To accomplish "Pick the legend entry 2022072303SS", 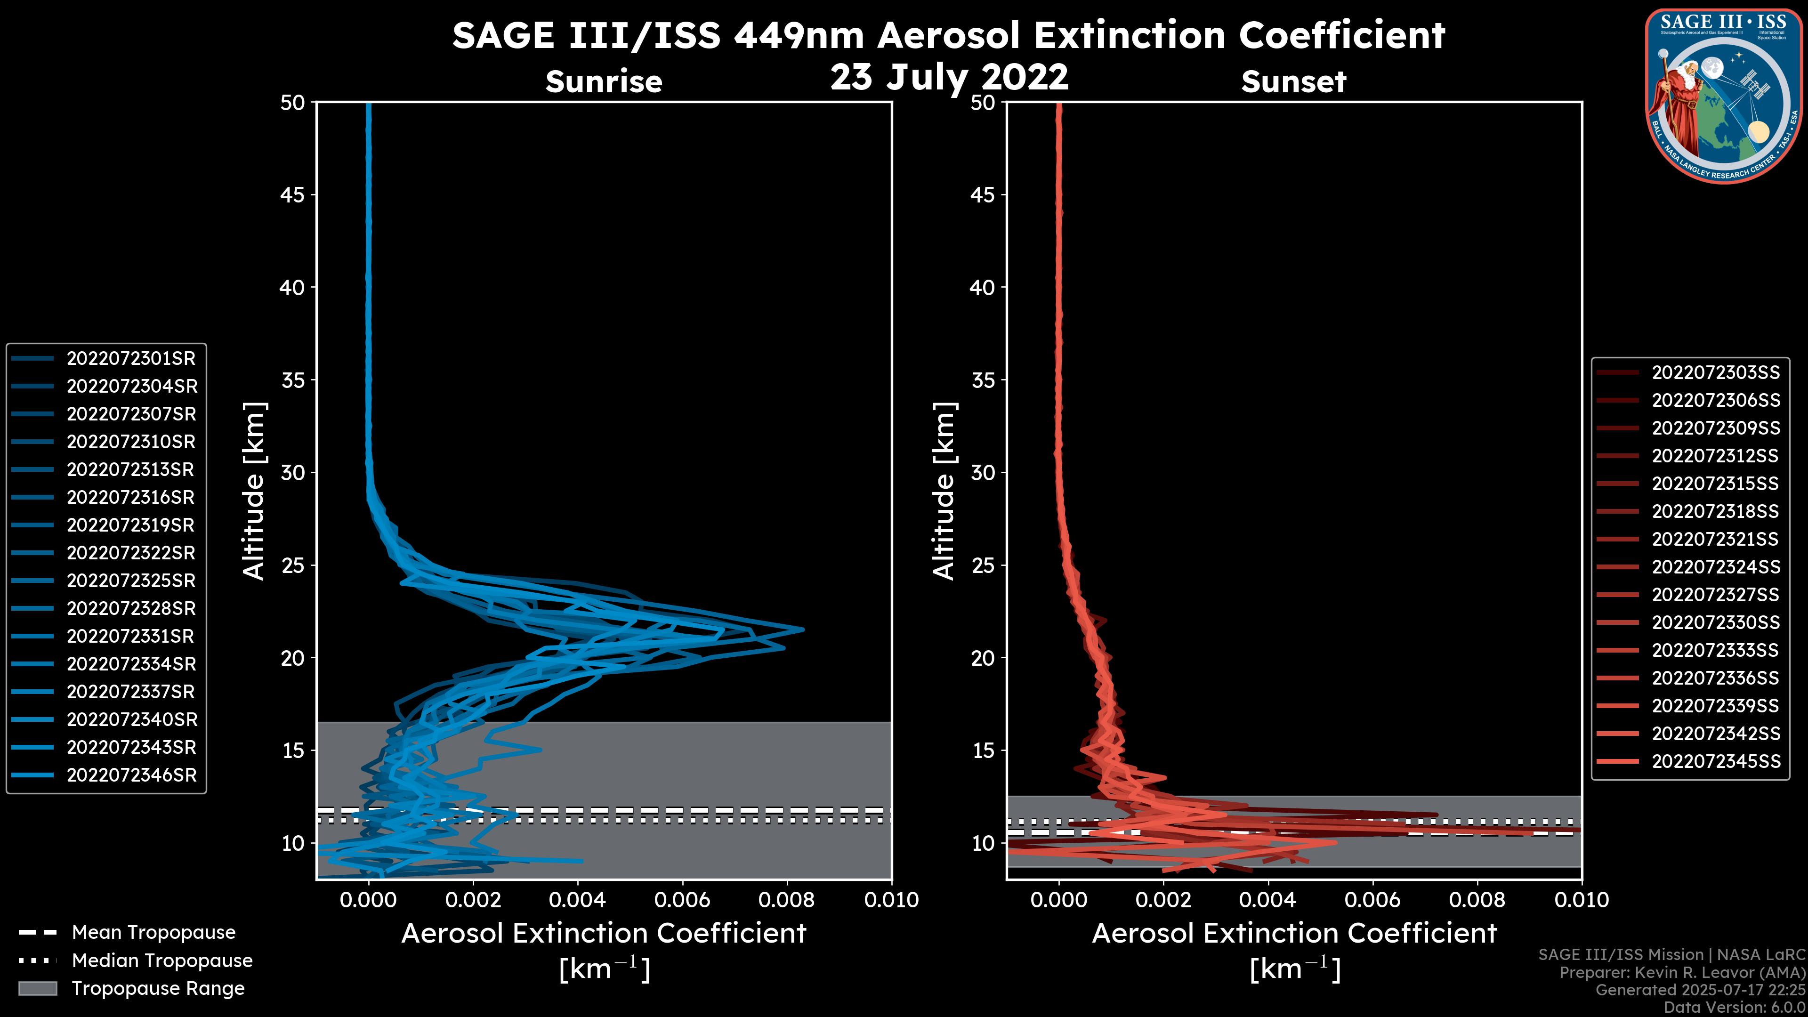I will [x=1715, y=373].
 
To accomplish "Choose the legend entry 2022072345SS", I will [x=1715, y=761].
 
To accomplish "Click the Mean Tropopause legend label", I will [x=153, y=933].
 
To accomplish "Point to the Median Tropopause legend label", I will [x=162, y=961].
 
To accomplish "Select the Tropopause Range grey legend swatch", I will [x=37, y=989].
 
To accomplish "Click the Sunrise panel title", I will [x=604, y=82].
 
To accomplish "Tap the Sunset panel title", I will [x=1293, y=82].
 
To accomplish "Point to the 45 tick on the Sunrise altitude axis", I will [x=293, y=195].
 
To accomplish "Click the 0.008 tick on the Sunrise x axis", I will [x=786, y=900].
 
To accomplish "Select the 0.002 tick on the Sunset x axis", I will [x=1163, y=900].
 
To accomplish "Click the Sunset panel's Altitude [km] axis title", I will [x=944, y=491].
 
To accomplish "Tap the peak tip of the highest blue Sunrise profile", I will [x=803, y=630].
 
